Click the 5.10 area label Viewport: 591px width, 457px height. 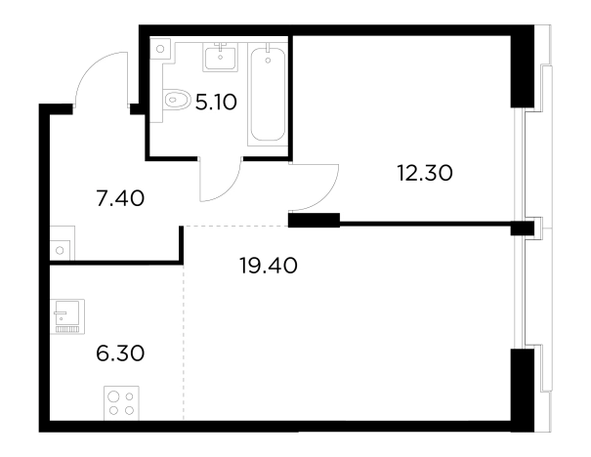pos(216,103)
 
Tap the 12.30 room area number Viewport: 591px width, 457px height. pos(425,173)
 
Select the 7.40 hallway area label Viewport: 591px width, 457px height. pos(120,198)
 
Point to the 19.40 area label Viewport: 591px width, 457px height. pos(269,266)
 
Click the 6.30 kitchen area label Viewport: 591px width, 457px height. pos(120,353)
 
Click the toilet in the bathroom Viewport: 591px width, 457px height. pos(177,100)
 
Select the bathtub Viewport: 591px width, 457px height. pos(268,94)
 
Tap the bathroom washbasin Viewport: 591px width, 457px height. pos(221,57)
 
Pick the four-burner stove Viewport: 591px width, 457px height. pos(121,403)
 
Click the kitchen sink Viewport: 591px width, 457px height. pos(67,316)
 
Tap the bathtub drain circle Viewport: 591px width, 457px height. pos(268,61)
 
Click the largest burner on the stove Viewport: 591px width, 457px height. pos(114,396)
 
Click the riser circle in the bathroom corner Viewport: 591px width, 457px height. pos(160,49)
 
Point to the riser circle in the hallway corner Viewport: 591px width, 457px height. pos(60,250)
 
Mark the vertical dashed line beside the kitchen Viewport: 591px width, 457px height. pos(184,342)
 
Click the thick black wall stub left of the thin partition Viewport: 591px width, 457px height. pos(314,220)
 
